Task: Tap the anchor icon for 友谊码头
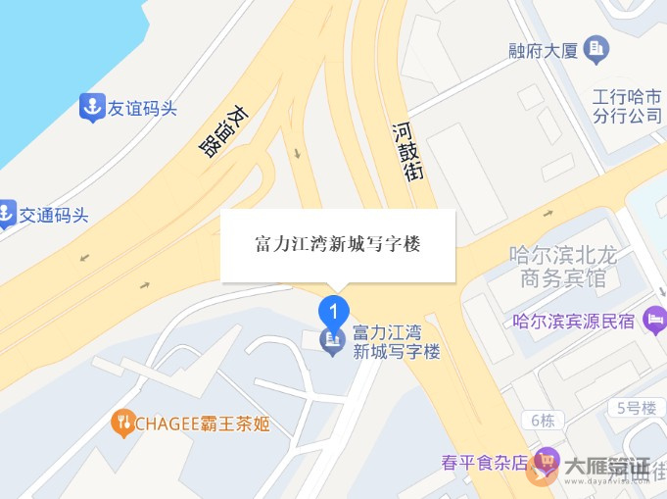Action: click(92, 108)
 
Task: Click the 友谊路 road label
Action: click(224, 131)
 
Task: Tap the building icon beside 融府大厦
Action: click(596, 47)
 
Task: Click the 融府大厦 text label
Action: click(544, 48)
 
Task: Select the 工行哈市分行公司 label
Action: click(627, 107)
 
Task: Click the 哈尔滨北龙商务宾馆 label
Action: click(564, 267)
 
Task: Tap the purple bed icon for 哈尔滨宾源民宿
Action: click(655, 321)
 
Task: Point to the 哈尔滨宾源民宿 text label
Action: click(575, 321)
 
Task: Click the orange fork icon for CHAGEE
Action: click(122, 423)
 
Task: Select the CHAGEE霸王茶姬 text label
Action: click(202, 424)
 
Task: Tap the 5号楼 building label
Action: click(636, 407)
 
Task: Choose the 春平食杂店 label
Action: click(484, 463)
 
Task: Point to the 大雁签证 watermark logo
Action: click(597, 471)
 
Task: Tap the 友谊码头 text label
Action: click(142, 109)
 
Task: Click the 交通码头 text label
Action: click(54, 215)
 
